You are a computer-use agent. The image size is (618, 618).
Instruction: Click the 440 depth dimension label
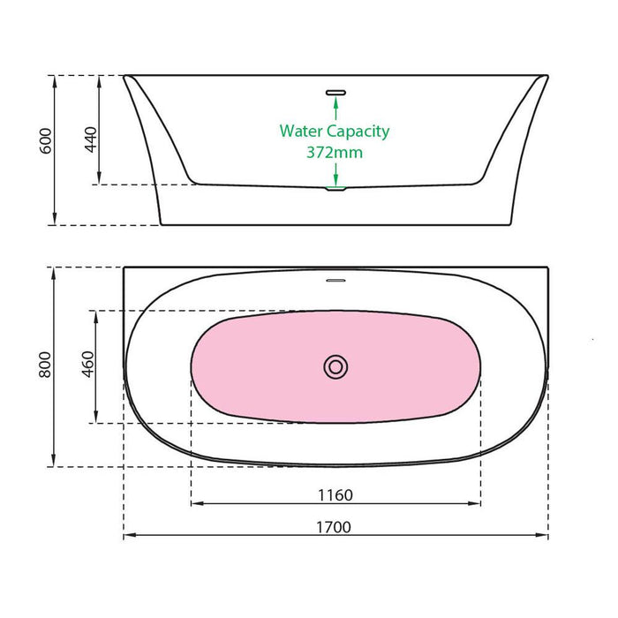[x=89, y=139]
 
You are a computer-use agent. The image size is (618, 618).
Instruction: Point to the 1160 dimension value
[x=336, y=494]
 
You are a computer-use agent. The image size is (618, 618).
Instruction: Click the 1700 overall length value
[x=336, y=527]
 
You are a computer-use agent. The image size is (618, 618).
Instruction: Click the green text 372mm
[x=335, y=152]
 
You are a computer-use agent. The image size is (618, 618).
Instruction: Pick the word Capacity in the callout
[x=358, y=132]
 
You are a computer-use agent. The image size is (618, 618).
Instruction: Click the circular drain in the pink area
[x=335, y=366]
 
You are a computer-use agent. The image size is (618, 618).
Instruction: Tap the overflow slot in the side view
[x=335, y=90]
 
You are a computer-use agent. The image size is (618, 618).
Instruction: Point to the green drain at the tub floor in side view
[x=335, y=187]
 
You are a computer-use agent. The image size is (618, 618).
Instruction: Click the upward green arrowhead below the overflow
[x=335, y=102]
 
